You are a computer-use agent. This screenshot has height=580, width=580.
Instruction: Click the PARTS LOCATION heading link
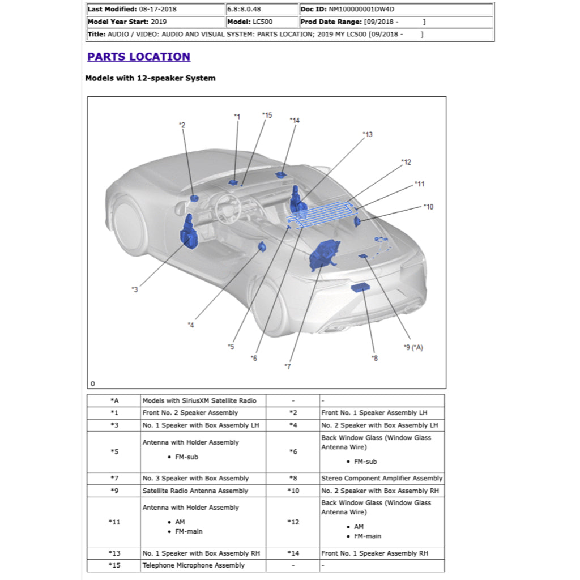pyautogui.click(x=139, y=57)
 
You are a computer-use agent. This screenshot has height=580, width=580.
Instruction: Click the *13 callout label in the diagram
pyautogui.click(x=368, y=135)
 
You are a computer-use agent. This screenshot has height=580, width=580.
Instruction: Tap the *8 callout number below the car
pyautogui.click(x=374, y=358)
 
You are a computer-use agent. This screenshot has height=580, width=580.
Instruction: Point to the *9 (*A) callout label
pyautogui.click(x=413, y=347)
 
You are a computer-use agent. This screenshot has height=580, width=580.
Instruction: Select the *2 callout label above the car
pyautogui.click(x=182, y=125)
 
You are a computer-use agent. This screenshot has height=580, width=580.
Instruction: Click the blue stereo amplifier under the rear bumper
pyautogui.click(x=360, y=288)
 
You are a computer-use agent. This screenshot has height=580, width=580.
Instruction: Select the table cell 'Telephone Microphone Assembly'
pyautogui.click(x=194, y=565)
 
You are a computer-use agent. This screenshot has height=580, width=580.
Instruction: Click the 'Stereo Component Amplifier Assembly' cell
pyautogui.click(x=382, y=479)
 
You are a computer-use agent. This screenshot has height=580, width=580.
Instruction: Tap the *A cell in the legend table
pyautogui.click(x=114, y=401)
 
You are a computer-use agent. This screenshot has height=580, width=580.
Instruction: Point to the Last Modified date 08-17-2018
pyautogui.click(x=158, y=9)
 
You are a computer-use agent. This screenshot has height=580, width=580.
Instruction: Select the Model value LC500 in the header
pyautogui.click(x=263, y=22)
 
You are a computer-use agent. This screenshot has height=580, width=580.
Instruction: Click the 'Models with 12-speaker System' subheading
pyautogui.click(x=150, y=78)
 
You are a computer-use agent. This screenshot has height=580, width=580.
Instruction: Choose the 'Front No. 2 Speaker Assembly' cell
pyautogui.click(x=190, y=413)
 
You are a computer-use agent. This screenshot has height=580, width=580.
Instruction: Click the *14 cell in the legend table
pyautogui.click(x=293, y=553)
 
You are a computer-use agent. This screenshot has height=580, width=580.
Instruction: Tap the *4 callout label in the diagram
pyautogui.click(x=191, y=325)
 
